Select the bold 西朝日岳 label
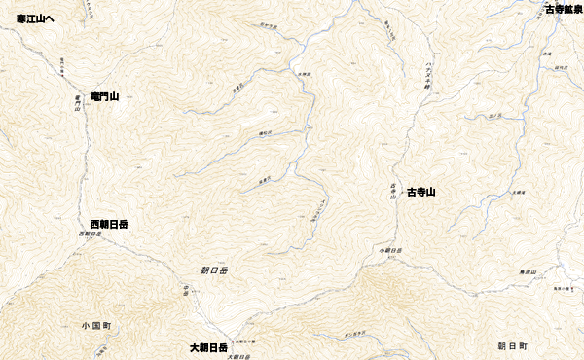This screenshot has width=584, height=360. (x=109, y=224)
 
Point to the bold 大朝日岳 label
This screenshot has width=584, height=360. (x=209, y=347)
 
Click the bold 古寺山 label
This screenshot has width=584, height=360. (x=420, y=192)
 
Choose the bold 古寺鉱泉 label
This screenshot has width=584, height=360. (x=564, y=9)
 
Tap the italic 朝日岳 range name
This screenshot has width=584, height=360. (x=213, y=269)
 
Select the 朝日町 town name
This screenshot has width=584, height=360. (x=511, y=345)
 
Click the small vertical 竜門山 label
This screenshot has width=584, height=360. (x=76, y=103)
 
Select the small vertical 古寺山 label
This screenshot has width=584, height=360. (x=393, y=190)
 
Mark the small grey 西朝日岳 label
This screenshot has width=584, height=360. (x=90, y=234)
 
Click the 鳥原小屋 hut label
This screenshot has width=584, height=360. (x=555, y=292)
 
